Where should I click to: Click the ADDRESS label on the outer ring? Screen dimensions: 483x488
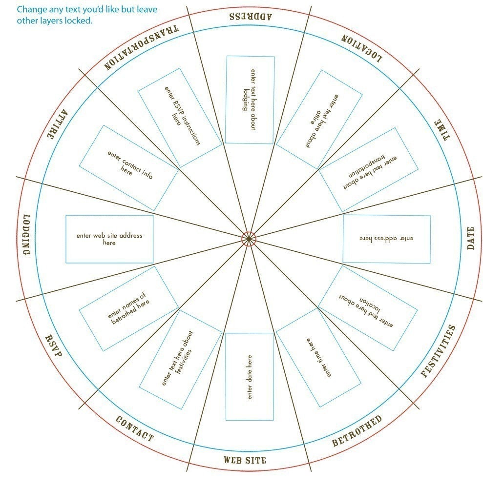(x=251, y=16)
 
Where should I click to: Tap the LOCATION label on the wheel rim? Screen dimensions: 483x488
(x=361, y=48)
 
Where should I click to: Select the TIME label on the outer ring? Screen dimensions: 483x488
(x=442, y=130)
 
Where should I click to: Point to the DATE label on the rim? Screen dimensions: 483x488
(x=470, y=238)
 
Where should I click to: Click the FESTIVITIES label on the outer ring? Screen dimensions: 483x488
(x=438, y=351)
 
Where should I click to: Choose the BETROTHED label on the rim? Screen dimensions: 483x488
(x=357, y=431)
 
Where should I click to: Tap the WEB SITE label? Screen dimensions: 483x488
(x=245, y=460)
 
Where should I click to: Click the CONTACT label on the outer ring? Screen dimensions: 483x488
(x=135, y=429)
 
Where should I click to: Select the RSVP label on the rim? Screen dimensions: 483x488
(x=54, y=346)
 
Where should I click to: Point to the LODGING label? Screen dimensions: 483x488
(x=27, y=234)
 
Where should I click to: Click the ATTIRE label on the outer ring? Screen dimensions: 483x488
(x=57, y=124)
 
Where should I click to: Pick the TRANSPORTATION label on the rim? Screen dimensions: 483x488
(x=141, y=47)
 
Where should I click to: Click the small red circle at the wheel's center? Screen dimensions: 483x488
(x=249, y=239)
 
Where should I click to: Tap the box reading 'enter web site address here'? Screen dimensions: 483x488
(x=109, y=239)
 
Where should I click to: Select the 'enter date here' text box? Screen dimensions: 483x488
(x=250, y=377)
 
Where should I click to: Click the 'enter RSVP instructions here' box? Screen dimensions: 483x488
(x=180, y=118)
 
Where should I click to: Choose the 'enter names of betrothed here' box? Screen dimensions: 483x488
(x=128, y=308)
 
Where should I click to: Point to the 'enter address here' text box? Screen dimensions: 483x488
(x=386, y=239)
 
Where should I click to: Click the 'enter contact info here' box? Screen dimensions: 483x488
(x=128, y=168)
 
